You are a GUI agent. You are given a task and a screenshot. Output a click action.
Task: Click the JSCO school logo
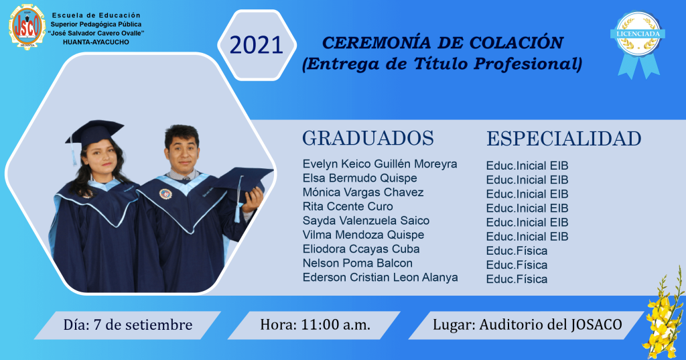[x=27, y=27]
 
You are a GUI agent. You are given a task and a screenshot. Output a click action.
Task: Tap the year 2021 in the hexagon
[x=257, y=45]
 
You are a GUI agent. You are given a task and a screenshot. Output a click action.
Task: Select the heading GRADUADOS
[x=368, y=138]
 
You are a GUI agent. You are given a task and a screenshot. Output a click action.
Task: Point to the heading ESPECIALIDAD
[x=564, y=138]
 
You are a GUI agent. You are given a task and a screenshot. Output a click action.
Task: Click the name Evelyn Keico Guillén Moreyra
[x=380, y=164]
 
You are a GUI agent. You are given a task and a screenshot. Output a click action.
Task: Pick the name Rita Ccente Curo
[x=348, y=206]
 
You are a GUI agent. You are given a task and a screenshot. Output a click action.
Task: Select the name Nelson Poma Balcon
[x=358, y=263]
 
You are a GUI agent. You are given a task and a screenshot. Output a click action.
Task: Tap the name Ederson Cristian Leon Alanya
[x=381, y=278]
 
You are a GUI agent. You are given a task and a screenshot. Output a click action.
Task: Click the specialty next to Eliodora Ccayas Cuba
[x=517, y=251]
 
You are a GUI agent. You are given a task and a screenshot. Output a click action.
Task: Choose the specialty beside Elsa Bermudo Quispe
[x=527, y=180]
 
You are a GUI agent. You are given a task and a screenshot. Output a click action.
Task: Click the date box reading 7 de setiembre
[x=128, y=325]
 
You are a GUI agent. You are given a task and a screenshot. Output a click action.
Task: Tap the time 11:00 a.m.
[x=315, y=325]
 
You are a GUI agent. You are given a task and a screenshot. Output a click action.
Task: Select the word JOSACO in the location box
[x=597, y=325]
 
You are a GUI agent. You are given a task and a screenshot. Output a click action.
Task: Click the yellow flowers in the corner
[x=665, y=314]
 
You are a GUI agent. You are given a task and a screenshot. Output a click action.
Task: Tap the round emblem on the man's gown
[x=165, y=194]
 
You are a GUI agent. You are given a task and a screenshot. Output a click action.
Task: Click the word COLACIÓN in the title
[x=517, y=43]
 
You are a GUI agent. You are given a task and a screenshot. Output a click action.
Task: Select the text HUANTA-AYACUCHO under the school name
[x=96, y=42]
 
